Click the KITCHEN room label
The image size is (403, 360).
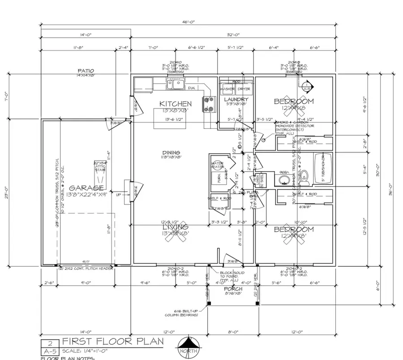click(x=176, y=104)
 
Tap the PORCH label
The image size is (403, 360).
click(x=233, y=289)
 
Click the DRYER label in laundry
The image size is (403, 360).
click(x=244, y=89)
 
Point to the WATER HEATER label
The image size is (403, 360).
click(x=218, y=165)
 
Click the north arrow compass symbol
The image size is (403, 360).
click(x=188, y=347)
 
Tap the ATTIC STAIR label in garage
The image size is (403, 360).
click(x=99, y=166)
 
